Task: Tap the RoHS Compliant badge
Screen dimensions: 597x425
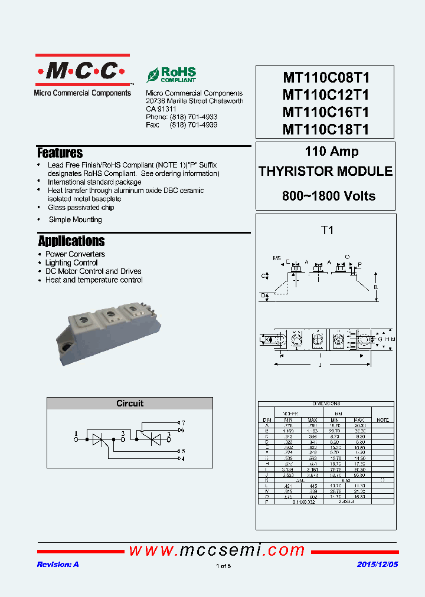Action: tap(172, 75)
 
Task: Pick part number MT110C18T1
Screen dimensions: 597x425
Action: tap(326, 129)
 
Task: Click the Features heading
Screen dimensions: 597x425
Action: tap(60, 153)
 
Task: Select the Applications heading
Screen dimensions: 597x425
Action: tap(71, 241)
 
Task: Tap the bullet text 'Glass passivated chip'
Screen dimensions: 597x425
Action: tap(81, 208)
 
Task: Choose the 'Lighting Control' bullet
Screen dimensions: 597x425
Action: tap(71, 263)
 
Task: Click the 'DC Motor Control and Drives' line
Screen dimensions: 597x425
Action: tap(93, 271)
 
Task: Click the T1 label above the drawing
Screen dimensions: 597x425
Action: tap(326, 231)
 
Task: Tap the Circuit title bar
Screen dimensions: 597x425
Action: tap(130, 404)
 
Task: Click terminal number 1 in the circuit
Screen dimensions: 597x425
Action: tap(76, 434)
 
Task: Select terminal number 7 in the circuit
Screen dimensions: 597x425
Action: tap(183, 423)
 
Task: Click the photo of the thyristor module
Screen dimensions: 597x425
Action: tap(109, 330)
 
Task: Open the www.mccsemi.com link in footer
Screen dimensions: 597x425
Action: tap(217, 550)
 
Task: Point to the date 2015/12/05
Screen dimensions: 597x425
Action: tap(377, 565)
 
